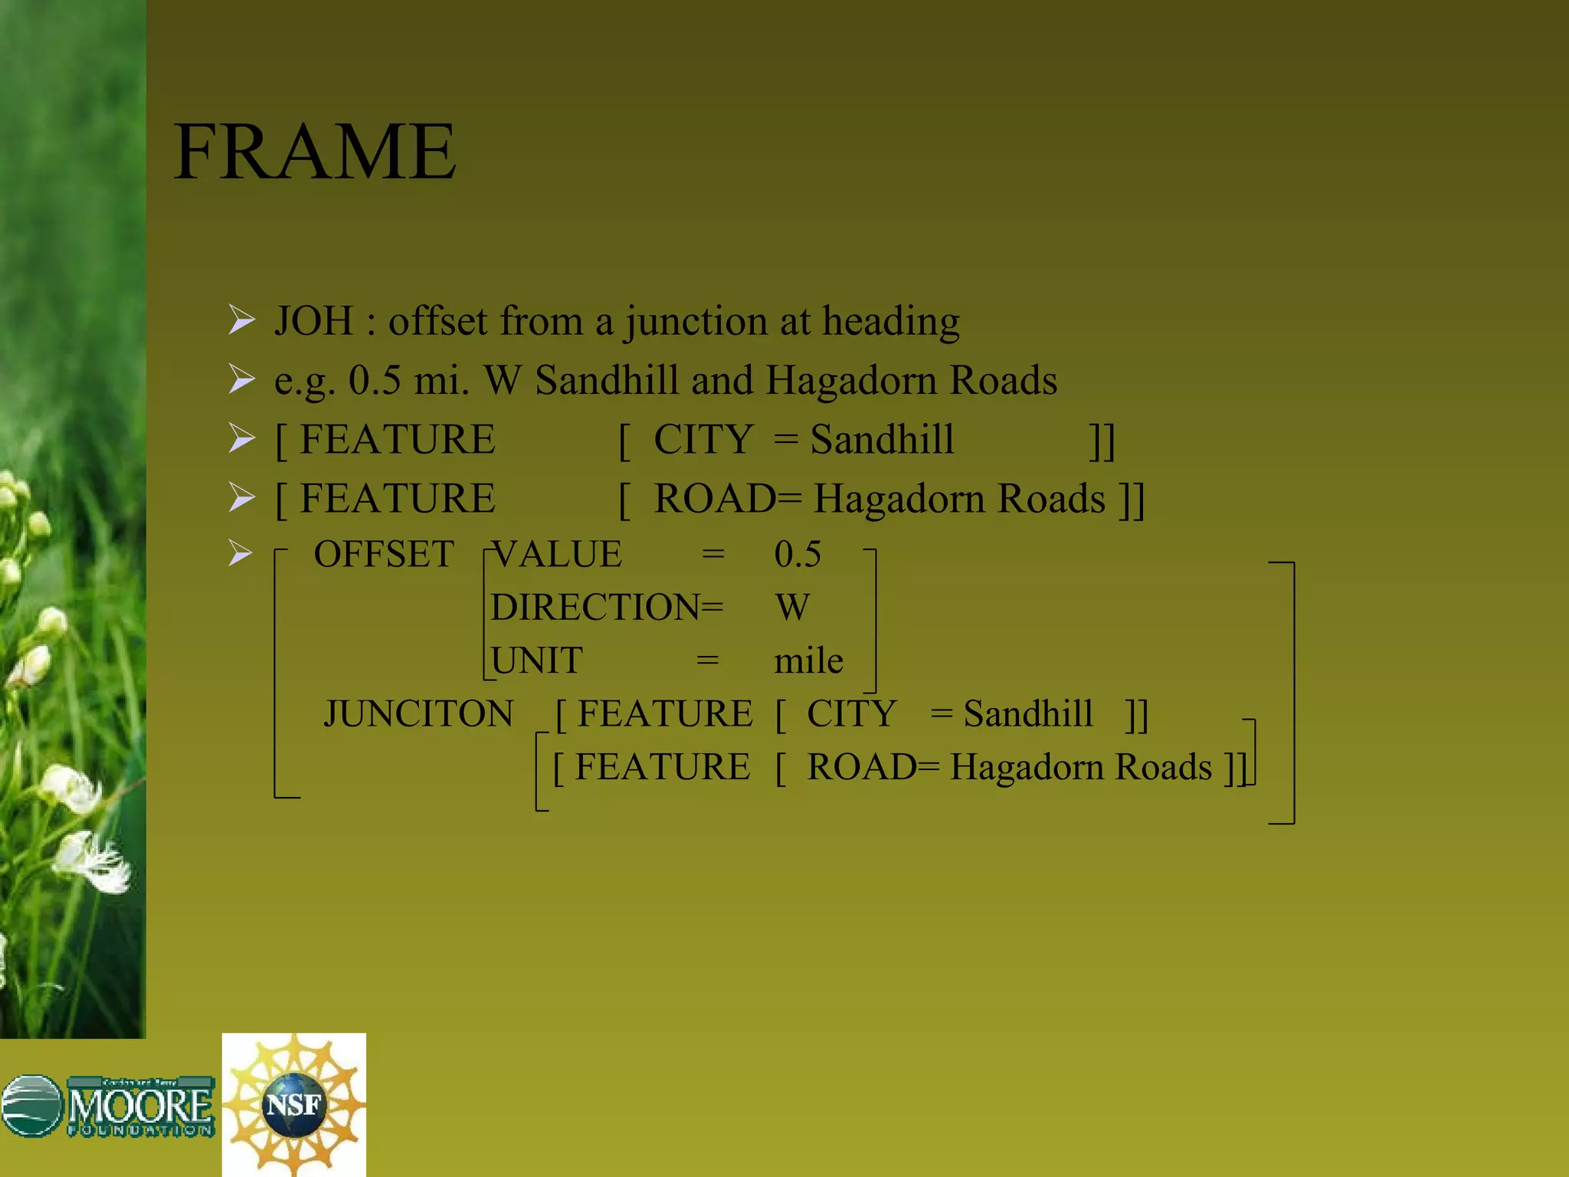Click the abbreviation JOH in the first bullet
click(314, 321)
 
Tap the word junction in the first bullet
click(696, 323)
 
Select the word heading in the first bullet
click(890, 323)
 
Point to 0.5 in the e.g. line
click(375, 381)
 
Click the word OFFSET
click(384, 554)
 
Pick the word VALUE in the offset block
click(557, 554)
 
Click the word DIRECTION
click(595, 608)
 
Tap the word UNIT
click(537, 661)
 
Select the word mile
click(808, 661)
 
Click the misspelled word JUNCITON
click(418, 714)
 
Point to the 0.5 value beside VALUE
click(798, 554)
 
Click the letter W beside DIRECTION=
click(792, 608)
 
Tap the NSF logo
click(294, 1104)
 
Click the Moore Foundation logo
click(108, 1106)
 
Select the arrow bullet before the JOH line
click(241, 320)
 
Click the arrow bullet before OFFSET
click(241, 553)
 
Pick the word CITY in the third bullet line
click(703, 440)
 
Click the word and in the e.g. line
click(722, 381)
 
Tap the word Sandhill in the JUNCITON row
click(1027, 714)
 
